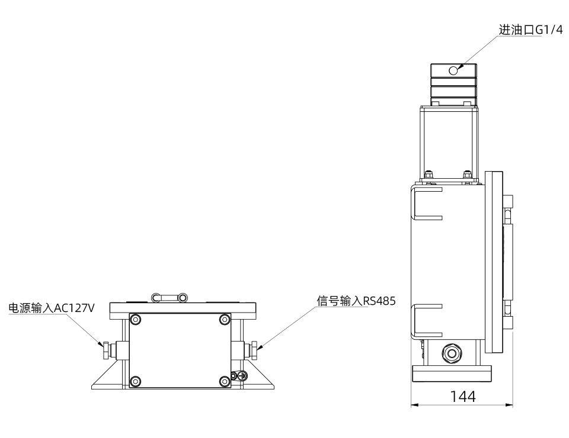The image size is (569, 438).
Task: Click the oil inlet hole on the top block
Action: (454, 70)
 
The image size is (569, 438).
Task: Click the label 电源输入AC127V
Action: (51, 308)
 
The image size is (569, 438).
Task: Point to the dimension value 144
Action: (463, 397)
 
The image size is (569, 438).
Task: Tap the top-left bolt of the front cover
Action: (136, 320)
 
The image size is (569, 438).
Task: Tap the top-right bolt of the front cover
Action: (225, 320)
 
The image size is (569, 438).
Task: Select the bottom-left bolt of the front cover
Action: (136, 381)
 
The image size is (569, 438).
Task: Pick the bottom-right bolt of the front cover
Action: (225, 381)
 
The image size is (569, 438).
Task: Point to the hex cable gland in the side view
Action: (453, 353)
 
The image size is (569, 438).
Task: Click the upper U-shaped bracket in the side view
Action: (427, 205)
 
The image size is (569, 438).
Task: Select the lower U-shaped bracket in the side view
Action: (427, 320)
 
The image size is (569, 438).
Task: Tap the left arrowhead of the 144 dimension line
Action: (415, 405)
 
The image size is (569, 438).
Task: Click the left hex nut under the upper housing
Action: (428, 175)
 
